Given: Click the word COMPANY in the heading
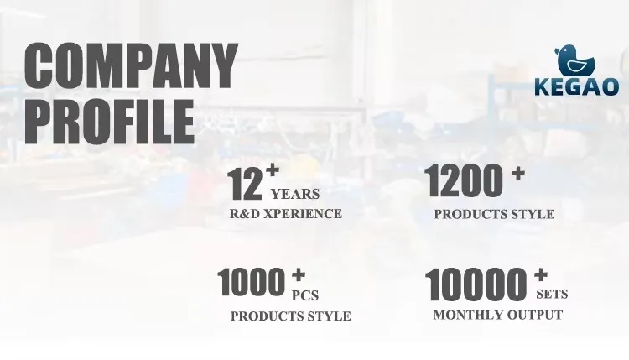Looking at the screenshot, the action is [131, 65].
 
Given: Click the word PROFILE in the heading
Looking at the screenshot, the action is [110, 122].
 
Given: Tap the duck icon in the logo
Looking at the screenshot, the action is [574, 60].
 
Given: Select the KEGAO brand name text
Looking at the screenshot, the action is [576, 86].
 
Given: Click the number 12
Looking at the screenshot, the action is [245, 184].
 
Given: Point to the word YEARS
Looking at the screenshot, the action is [295, 194].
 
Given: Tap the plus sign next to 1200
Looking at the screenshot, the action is [518, 174].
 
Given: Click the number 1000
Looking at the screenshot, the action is [251, 282].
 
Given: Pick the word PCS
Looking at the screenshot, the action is [305, 295].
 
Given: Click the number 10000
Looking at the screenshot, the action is [476, 284].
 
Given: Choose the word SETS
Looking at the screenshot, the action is [552, 295].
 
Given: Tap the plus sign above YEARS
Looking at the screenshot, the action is [273, 170].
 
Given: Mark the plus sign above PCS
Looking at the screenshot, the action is [299, 275].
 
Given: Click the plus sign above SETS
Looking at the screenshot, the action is [541, 274].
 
